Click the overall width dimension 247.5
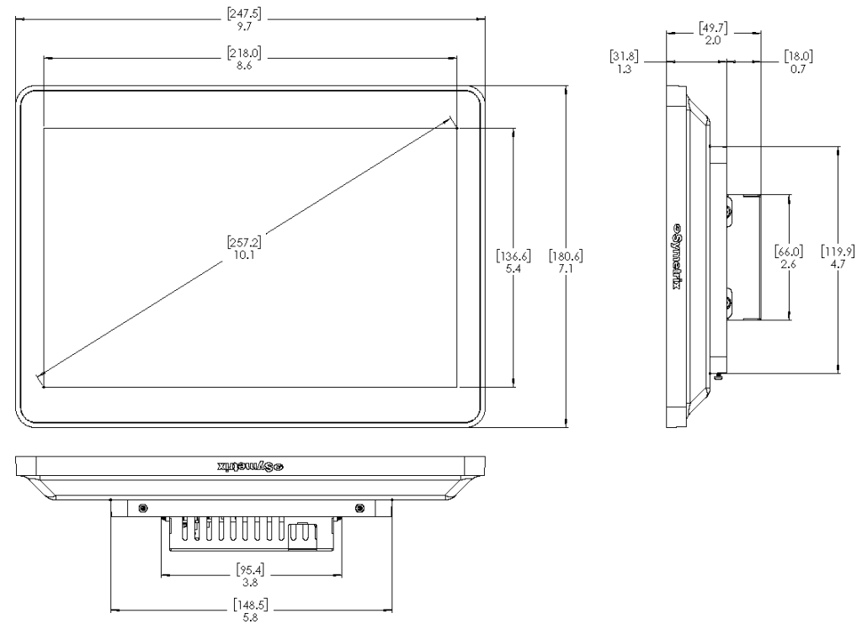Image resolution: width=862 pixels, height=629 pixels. coord(250,18)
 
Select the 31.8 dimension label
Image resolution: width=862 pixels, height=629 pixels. coord(624,62)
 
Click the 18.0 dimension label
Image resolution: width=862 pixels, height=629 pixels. coord(797,62)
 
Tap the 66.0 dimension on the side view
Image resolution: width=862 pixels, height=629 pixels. coord(789,257)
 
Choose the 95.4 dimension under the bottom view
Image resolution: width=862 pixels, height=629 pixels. coord(251,575)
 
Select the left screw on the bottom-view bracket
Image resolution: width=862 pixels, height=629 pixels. coord(142,508)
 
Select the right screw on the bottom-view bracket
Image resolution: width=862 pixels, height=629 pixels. coord(360,508)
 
